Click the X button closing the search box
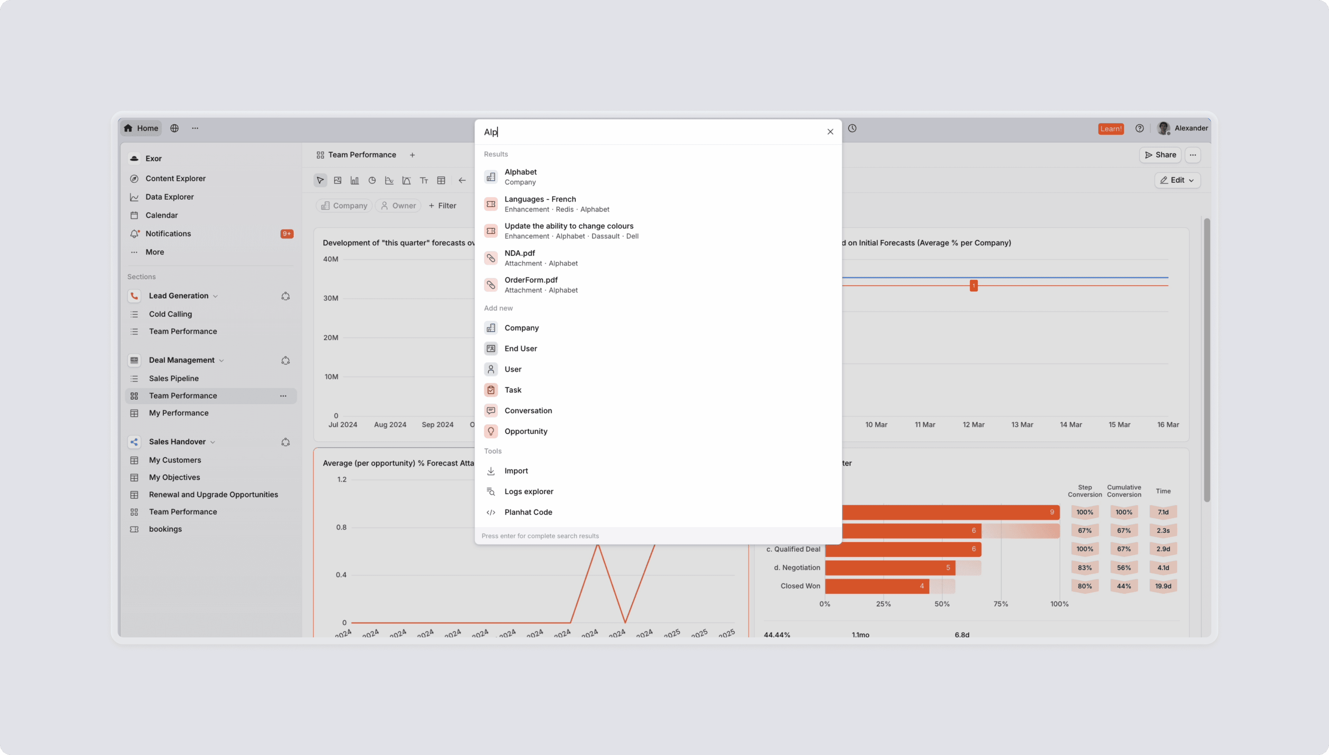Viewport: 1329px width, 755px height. pos(830,132)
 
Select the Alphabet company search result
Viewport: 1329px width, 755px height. pos(521,177)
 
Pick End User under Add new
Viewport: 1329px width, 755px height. pos(521,348)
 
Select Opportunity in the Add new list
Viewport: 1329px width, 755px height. pos(526,431)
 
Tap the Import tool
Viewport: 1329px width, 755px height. pos(516,471)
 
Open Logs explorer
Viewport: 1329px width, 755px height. pos(528,492)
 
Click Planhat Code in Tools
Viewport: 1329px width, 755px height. pos(528,512)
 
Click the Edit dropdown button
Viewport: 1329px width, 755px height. pos(1177,180)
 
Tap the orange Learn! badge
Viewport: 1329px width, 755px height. pos(1111,129)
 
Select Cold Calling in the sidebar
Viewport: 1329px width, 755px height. pos(170,314)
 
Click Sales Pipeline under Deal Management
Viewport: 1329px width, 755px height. pos(174,379)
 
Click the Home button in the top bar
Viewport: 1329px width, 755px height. pos(141,128)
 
